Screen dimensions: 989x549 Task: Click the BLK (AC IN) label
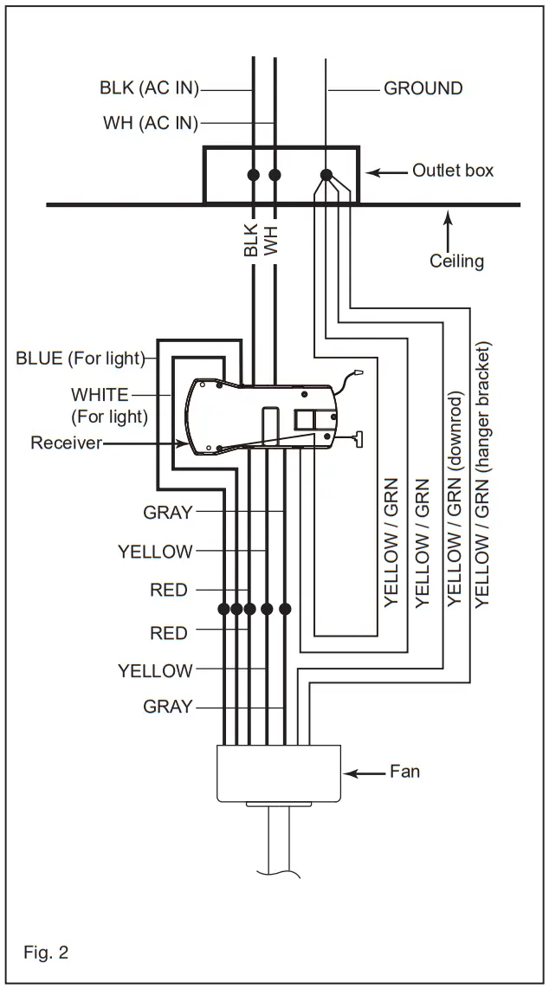point(149,88)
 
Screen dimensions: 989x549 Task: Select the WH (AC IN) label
point(150,123)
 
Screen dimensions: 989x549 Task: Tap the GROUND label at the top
point(423,88)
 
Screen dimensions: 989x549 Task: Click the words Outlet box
point(452,171)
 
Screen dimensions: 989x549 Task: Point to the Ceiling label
point(456,261)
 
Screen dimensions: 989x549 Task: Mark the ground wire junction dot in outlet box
point(326,175)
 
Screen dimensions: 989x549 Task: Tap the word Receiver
point(67,443)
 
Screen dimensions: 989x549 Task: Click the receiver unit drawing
point(260,416)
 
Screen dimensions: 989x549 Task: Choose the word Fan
point(404,770)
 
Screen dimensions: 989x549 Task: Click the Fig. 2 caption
point(46,953)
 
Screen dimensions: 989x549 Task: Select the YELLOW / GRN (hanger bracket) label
point(482,472)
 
